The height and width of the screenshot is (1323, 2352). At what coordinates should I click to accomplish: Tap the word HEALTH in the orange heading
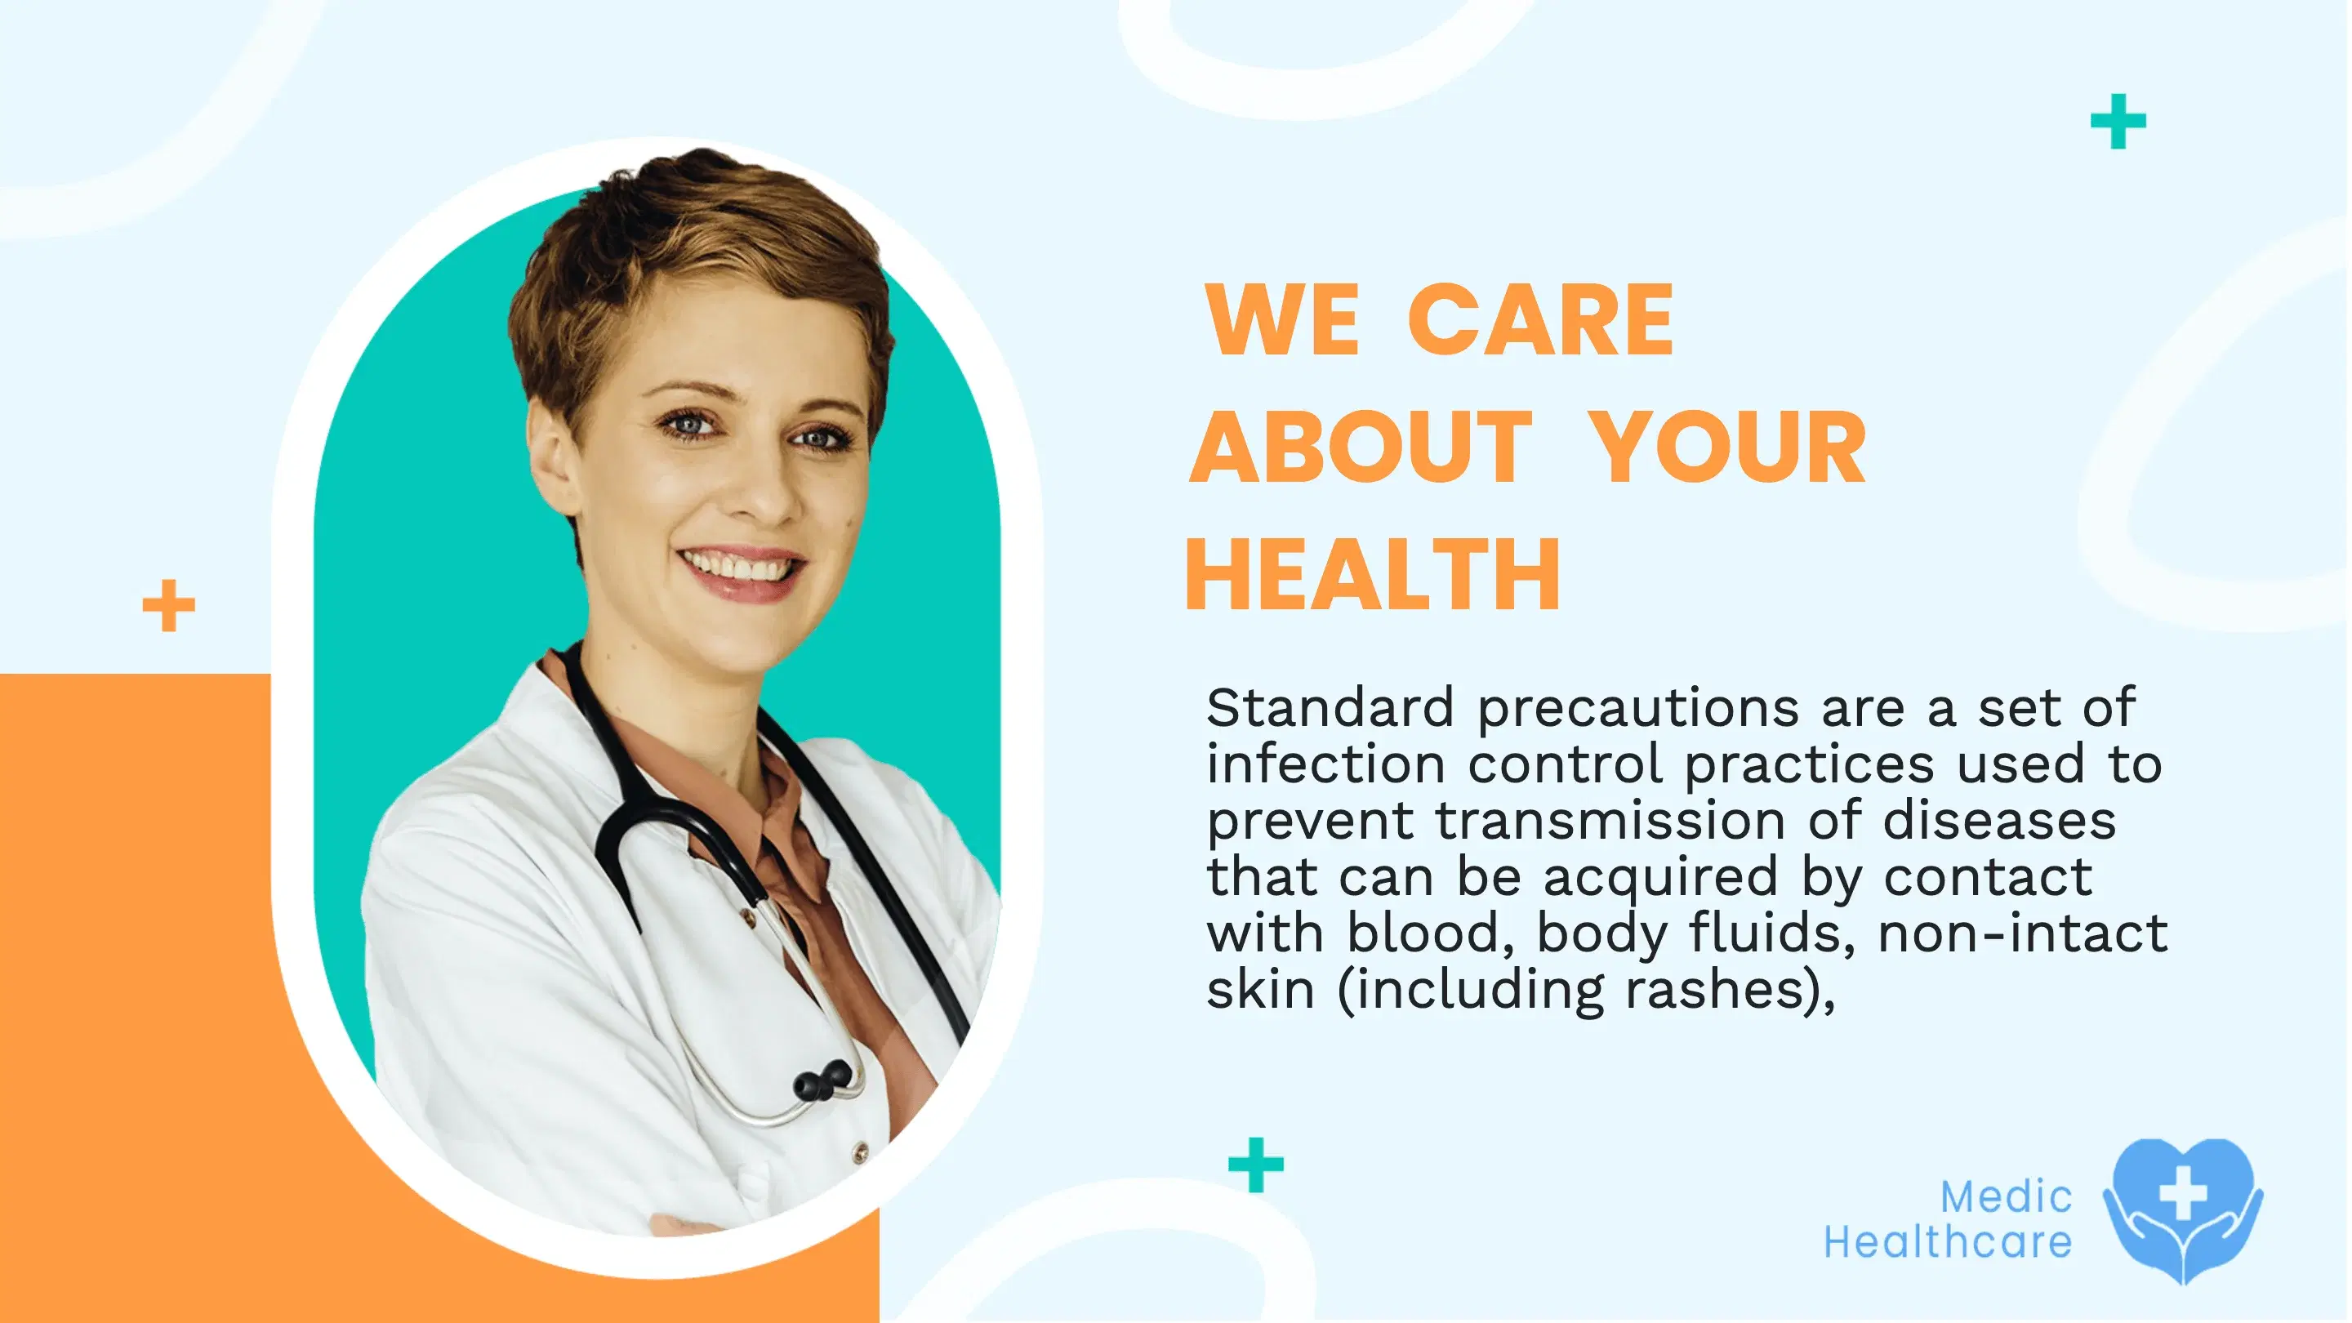[x=1372, y=574]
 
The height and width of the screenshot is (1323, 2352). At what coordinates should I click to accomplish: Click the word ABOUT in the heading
[x=1361, y=448]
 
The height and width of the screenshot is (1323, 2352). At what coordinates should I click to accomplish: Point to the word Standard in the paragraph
[x=1330, y=707]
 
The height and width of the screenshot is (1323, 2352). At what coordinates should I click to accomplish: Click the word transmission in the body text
[x=1610, y=820]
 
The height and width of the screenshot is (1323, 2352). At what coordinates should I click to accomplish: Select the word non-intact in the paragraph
[x=2021, y=933]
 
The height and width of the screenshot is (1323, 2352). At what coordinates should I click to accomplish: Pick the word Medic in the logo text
[x=2005, y=1197]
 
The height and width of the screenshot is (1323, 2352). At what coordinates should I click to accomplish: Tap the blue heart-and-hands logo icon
[x=2182, y=1210]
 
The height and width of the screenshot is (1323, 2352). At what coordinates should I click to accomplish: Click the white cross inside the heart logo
[x=2183, y=1192]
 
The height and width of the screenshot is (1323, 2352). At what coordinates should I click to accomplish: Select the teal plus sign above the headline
[x=2118, y=121]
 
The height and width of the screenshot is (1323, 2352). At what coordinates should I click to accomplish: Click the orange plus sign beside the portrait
[x=169, y=605]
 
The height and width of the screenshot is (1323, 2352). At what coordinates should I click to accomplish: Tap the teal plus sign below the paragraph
[x=1256, y=1164]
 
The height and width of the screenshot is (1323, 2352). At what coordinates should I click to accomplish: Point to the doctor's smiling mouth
[x=742, y=570]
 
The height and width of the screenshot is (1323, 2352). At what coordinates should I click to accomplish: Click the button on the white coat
[x=859, y=1154]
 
